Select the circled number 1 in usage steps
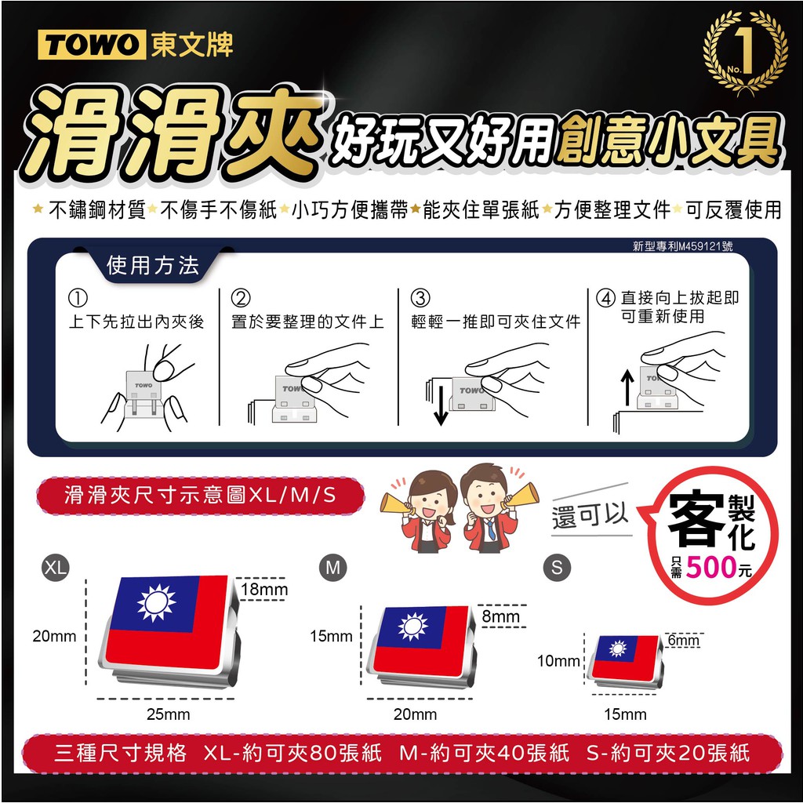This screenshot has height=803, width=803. tap(78, 297)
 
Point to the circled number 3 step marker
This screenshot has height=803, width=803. tap(420, 297)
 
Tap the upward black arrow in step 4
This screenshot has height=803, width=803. tap(627, 387)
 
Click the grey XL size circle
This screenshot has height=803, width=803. tap(56, 567)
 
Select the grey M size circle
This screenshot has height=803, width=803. tap(332, 568)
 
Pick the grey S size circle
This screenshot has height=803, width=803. tap(558, 568)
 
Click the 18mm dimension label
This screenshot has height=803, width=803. tap(264, 590)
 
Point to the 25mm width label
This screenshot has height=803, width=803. tap(168, 714)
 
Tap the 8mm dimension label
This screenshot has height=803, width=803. tap(501, 616)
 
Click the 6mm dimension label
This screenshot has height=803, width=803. tap(684, 640)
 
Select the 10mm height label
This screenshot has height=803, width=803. tap(558, 661)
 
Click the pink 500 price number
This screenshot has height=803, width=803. tap(710, 568)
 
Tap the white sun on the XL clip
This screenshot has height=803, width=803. tap(156, 602)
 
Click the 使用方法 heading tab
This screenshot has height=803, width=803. tap(153, 266)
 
